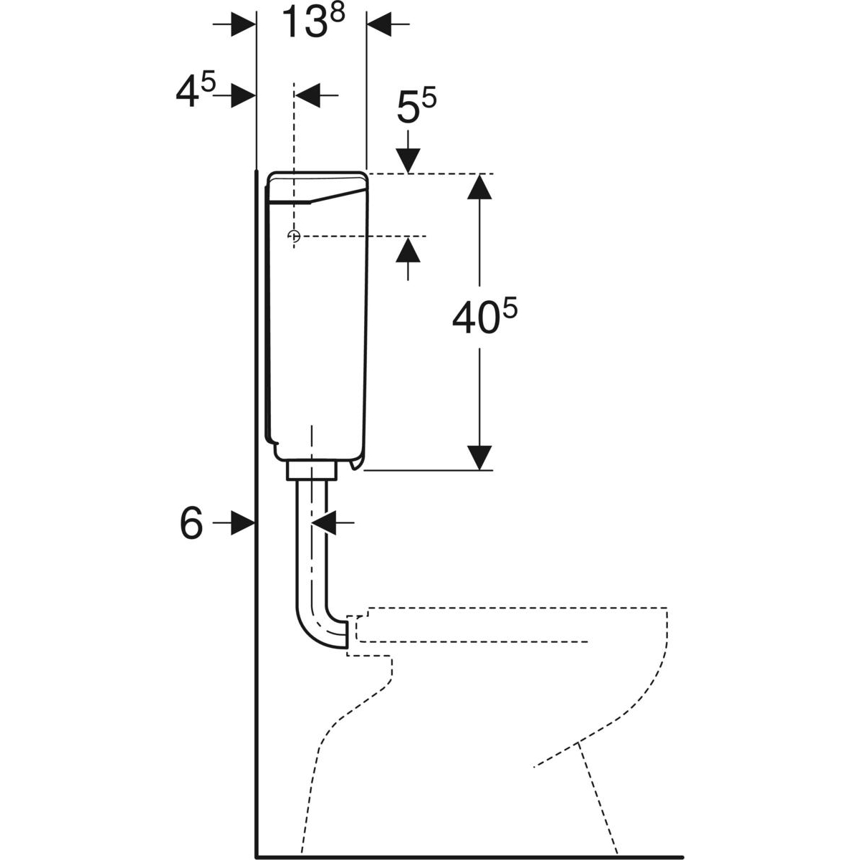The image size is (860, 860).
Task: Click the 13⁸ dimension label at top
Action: tap(314, 21)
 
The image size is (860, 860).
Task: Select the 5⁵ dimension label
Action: tap(416, 106)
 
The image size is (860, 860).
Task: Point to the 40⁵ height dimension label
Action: tap(484, 317)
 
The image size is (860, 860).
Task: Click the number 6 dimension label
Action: tap(191, 523)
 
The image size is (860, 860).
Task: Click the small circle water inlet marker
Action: tap(294, 236)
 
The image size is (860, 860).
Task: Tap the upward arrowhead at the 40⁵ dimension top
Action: tap(479, 186)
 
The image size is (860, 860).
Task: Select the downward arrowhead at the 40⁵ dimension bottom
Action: tap(479, 457)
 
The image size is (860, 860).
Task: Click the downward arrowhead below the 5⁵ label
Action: tap(408, 161)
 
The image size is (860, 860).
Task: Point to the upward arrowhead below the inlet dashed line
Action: tap(408, 250)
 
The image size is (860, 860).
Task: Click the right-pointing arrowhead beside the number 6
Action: tap(243, 522)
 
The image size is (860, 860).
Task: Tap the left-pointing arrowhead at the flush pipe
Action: tap(323, 522)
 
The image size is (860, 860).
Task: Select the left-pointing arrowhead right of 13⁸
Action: tap(379, 24)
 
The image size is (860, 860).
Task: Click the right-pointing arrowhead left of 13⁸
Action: tap(243, 24)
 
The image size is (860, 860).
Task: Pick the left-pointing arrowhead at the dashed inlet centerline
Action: tap(307, 95)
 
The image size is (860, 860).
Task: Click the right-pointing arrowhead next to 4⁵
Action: tap(243, 95)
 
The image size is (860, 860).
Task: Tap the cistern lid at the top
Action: tap(317, 188)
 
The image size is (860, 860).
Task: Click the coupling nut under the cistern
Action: tap(312, 472)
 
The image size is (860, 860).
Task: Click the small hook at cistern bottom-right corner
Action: tap(356, 464)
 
